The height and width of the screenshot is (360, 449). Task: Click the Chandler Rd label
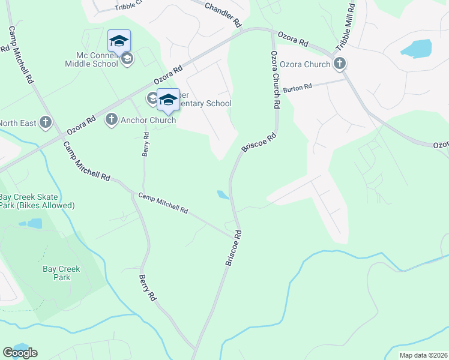click(x=223, y=15)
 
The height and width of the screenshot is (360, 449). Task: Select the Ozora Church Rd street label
click(x=275, y=79)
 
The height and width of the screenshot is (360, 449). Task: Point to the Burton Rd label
click(x=298, y=87)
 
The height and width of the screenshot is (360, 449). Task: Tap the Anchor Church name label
click(x=148, y=120)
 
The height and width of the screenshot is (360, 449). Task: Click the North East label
click(x=16, y=123)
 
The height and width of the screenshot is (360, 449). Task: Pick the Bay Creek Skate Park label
click(x=37, y=201)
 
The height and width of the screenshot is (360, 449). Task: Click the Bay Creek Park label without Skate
click(x=56, y=274)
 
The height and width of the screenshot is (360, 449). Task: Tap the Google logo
click(x=20, y=353)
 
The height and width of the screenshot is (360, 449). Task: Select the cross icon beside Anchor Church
click(x=111, y=120)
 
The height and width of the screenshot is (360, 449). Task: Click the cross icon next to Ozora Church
click(x=339, y=63)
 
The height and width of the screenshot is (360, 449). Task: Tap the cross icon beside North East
click(x=45, y=123)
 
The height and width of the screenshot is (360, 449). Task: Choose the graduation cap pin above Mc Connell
click(x=119, y=41)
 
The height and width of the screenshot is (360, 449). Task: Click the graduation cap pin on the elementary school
click(x=168, y=99)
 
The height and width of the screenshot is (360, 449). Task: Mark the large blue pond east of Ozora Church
click(x=415, y=48)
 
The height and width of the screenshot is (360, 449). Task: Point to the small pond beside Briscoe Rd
click(x=223, y=194)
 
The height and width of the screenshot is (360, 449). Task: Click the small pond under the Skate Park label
click(x=34, y=223)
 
